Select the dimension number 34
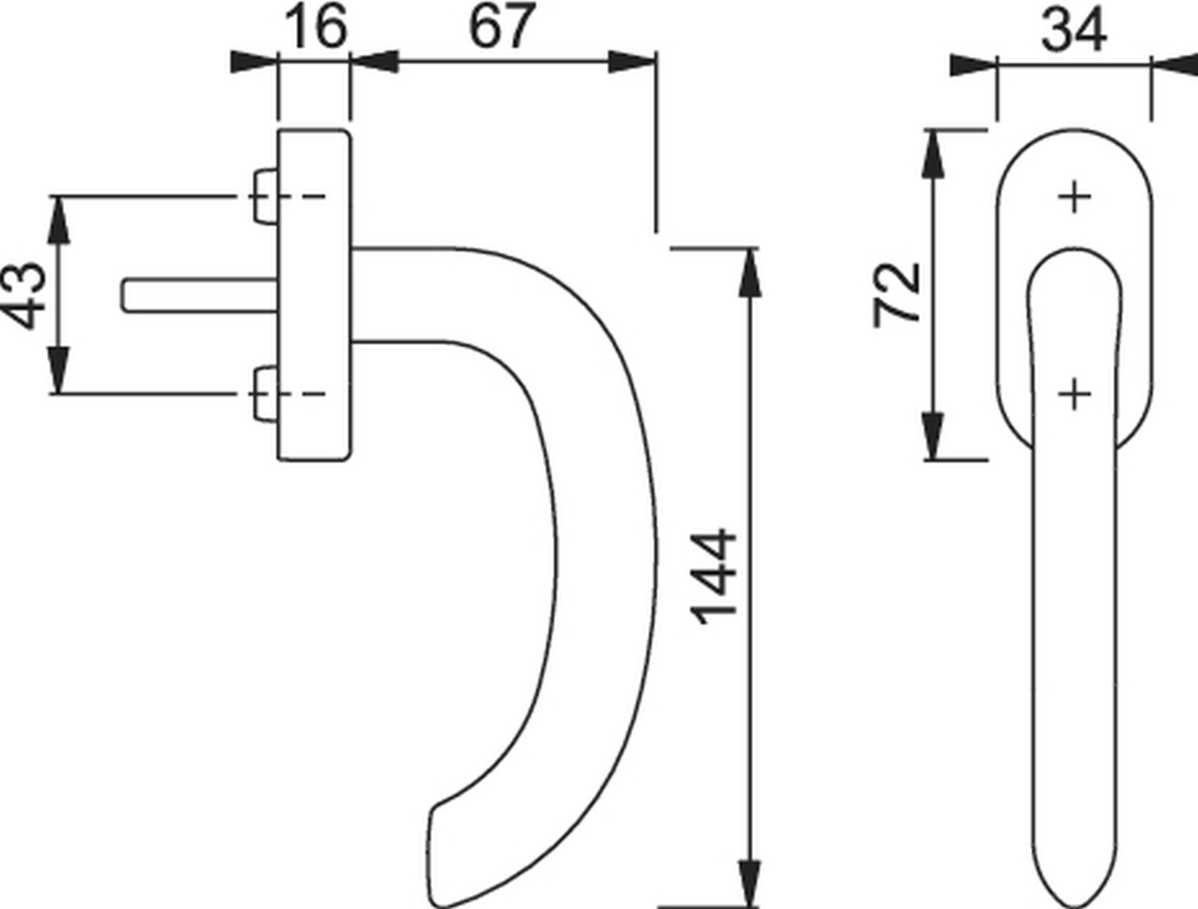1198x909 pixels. [1074, 30]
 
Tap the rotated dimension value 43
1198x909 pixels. [24, 295]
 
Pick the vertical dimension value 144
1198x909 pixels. [715, 576]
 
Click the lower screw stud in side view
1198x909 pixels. [265, 394]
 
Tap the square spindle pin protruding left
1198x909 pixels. [199, 296]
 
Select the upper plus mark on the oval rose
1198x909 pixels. [1073, 197]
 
